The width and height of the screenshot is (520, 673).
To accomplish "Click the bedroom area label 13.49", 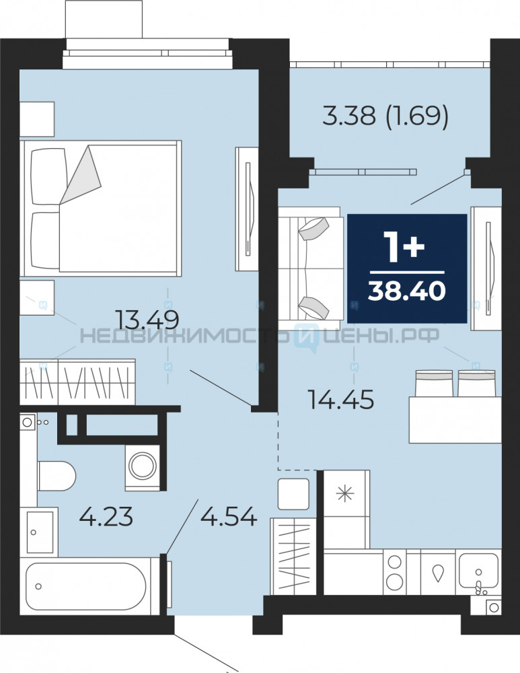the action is [x=147, y=319].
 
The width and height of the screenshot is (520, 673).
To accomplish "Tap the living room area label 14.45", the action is [x=340, y=400].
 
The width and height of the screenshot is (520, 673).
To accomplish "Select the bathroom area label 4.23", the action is [x=106, y=516].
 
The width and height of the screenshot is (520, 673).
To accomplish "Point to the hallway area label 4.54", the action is [x=229, y=516].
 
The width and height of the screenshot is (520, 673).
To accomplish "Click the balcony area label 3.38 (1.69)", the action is [x=385, y=116].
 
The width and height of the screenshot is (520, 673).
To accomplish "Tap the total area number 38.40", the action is [x=407, y=291].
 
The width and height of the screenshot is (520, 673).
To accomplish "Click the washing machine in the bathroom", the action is [x=142, y=468].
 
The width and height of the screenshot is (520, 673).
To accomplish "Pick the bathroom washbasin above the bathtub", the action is [x=39, y=531].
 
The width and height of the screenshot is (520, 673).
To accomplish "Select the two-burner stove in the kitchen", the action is [x=394, y=571].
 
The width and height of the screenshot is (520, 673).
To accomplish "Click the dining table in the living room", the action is [x=455, y=419].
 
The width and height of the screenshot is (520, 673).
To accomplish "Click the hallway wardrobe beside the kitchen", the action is [x=293, y=556].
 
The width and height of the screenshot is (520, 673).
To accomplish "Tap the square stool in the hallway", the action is [x=293, y=494].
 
